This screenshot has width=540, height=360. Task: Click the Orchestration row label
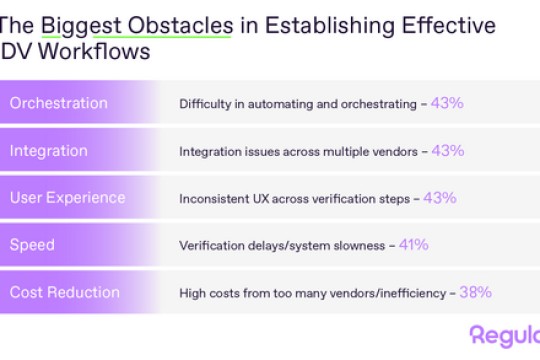tap(58, 103)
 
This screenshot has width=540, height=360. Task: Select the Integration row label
tap(49, 150)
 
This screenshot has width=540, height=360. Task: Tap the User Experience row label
tap(68, 197)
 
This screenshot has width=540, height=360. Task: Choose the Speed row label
tap(32, 244)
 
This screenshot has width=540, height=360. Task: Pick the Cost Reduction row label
tap(64, 292)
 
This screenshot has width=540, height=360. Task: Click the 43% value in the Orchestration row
tap(447, 103)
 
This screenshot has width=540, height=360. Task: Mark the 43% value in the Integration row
tap(447, 150)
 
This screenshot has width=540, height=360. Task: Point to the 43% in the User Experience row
tap(439, 197)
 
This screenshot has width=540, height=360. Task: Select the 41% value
tap(413, 244)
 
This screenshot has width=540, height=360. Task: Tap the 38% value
tap(476, 292)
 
